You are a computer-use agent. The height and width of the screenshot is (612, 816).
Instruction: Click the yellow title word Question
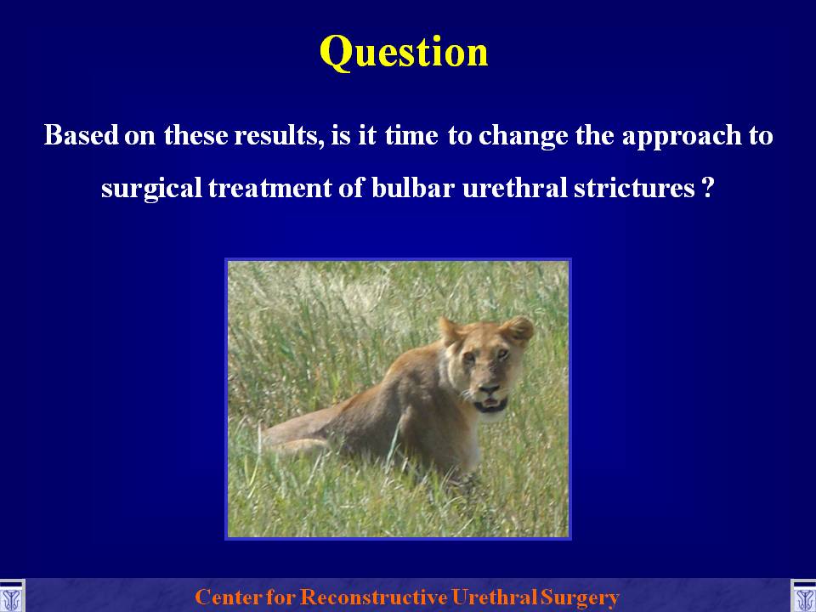click(404, 53)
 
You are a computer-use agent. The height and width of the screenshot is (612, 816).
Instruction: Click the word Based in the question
click(82, 135)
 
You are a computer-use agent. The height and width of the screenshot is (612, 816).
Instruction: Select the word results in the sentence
click(275, 135)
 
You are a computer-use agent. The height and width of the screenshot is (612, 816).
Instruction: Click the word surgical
click(151, 188)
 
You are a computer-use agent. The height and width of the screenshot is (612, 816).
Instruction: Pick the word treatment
click(269, 187)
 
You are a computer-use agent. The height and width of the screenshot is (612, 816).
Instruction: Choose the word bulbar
click(413, 187)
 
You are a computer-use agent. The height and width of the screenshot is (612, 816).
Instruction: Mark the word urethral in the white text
click(515, 187)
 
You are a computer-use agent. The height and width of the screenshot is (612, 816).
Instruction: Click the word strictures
click(634, 187)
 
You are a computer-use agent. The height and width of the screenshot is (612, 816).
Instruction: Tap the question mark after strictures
click(706, 187)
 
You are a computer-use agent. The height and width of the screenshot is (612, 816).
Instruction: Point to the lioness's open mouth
click(490, 403)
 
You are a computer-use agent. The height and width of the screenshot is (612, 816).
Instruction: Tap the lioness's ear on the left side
click(450, 330)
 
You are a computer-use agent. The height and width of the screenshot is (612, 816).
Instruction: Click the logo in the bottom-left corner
click(11, 596)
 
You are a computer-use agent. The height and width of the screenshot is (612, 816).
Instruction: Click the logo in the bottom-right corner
click(803, 596)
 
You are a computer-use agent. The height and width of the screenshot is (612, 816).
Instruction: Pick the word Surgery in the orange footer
click(580, 598)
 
